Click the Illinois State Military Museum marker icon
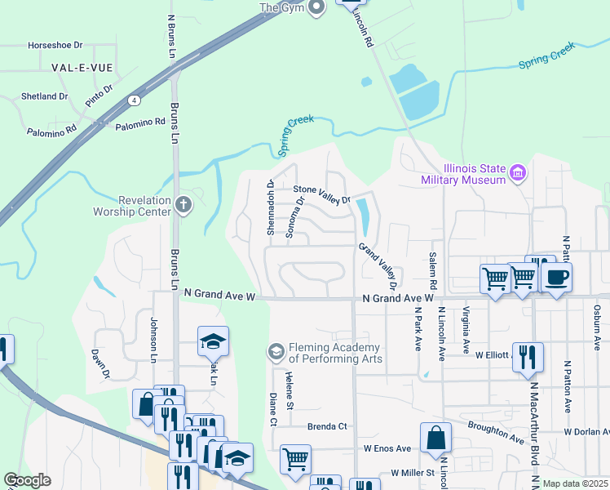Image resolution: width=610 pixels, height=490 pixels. click(x=518, y=173)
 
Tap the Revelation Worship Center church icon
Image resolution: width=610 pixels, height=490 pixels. click(x=183, y=204)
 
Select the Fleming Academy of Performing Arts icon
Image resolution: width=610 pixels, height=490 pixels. click(x=276, y=352)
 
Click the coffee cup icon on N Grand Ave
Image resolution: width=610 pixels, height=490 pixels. click(x=555, y=277)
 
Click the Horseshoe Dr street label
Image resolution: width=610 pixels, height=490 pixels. click(x=55, y=46)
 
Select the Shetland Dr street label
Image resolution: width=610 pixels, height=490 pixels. click(x=45, y=96)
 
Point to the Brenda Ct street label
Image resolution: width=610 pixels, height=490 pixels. click(x=327, y=426)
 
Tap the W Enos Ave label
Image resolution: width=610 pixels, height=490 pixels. click(x=387, y=448)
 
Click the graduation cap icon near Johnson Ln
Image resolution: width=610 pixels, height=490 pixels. click(x=213, y=341)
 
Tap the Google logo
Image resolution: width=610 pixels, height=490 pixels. click(x=28, y=480)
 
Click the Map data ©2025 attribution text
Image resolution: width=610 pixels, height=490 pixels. click(x=574, y=483)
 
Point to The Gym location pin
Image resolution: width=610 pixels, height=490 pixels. click(x=318, y=7)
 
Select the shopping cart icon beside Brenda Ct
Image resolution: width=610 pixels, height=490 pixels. click(x=294, y=458)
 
